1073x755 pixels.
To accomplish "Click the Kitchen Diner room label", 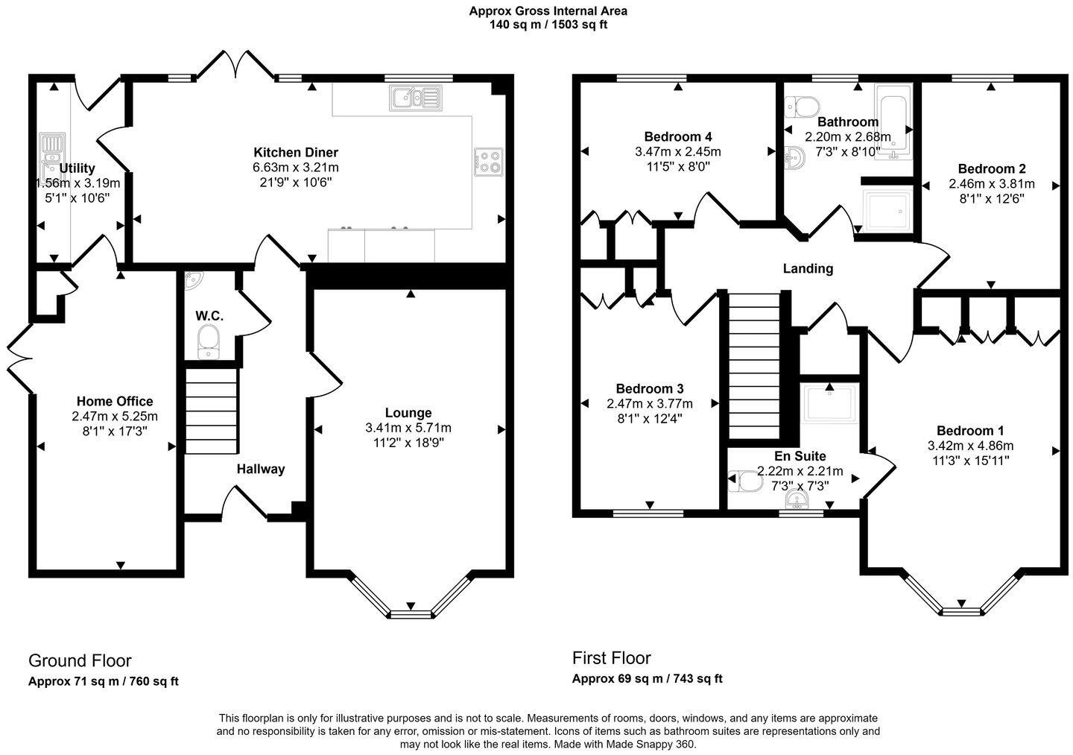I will (x=295, y=153).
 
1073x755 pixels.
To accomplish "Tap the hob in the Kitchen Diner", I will (x=489, y=162).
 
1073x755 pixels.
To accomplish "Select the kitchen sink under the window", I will (x=415, y=98).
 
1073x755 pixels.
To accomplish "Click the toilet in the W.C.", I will (x=209, y=341).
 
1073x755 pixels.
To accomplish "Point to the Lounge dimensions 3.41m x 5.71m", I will (x=408, y=428).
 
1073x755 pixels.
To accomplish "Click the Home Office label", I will (x=115, y=402).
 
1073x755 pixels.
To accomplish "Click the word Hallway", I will (x=261, y=469).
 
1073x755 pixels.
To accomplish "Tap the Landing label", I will (x=808, y=269).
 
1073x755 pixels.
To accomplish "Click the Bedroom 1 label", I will (x=970, y=431).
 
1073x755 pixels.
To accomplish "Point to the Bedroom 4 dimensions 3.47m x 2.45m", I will (x=677, y=151).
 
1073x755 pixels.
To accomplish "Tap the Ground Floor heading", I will (x=80, y=661).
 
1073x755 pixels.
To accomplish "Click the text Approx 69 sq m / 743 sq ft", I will (x=647, y=679).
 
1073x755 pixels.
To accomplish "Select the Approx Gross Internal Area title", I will (x=548, y=11).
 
